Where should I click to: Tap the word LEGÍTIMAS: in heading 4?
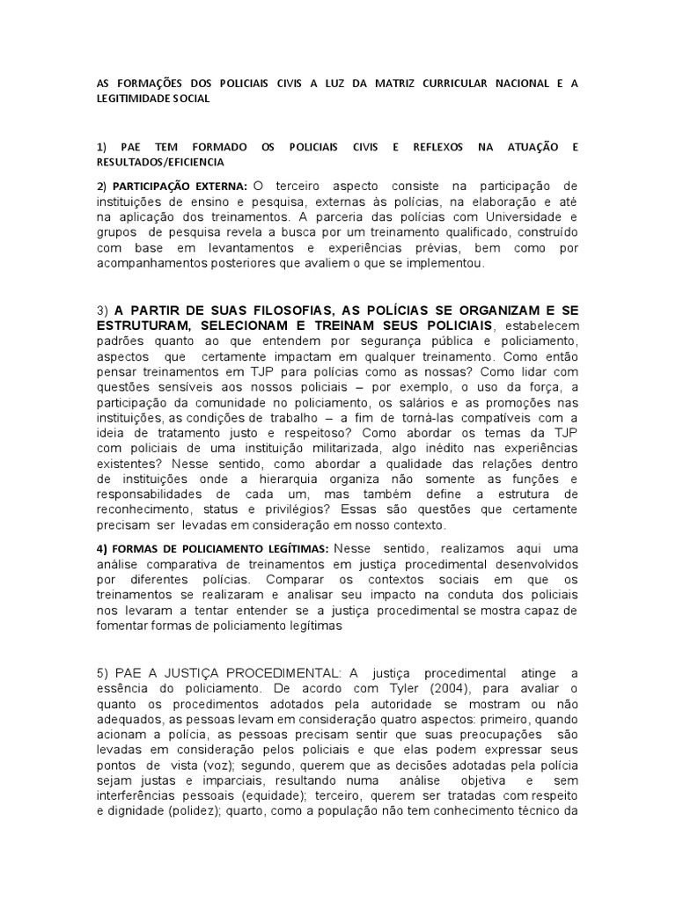point(287,548)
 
